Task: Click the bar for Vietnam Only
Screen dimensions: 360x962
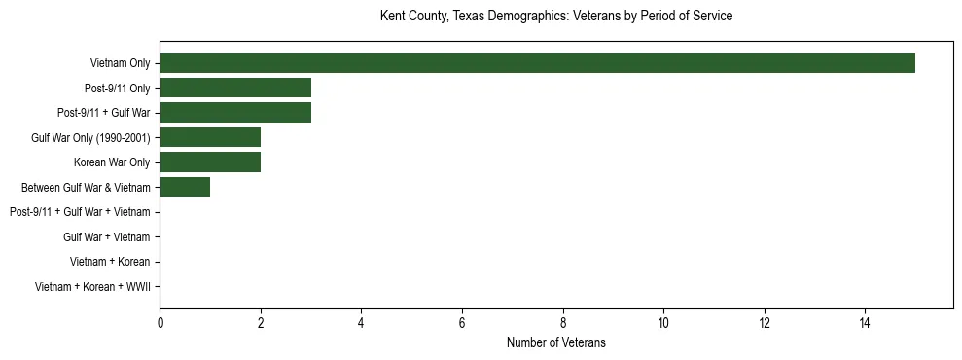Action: tap(537, 63)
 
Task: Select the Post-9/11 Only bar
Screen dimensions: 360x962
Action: tap(235, 88)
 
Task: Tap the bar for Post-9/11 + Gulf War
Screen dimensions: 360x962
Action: tap(235, 113)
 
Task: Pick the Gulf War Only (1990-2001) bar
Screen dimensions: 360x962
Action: tap(210, 137)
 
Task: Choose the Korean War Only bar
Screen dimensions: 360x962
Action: tap(210, 162)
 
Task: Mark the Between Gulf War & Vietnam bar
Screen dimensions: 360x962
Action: tap(185, 187)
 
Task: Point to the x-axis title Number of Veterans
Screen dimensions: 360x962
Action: tap(555, 342)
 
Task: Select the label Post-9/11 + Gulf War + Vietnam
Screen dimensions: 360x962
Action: tap(80, 212)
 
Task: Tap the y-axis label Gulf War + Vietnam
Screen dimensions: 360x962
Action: tap(107, 236)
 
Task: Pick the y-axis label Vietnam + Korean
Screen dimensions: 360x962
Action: tap(110, 262)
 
